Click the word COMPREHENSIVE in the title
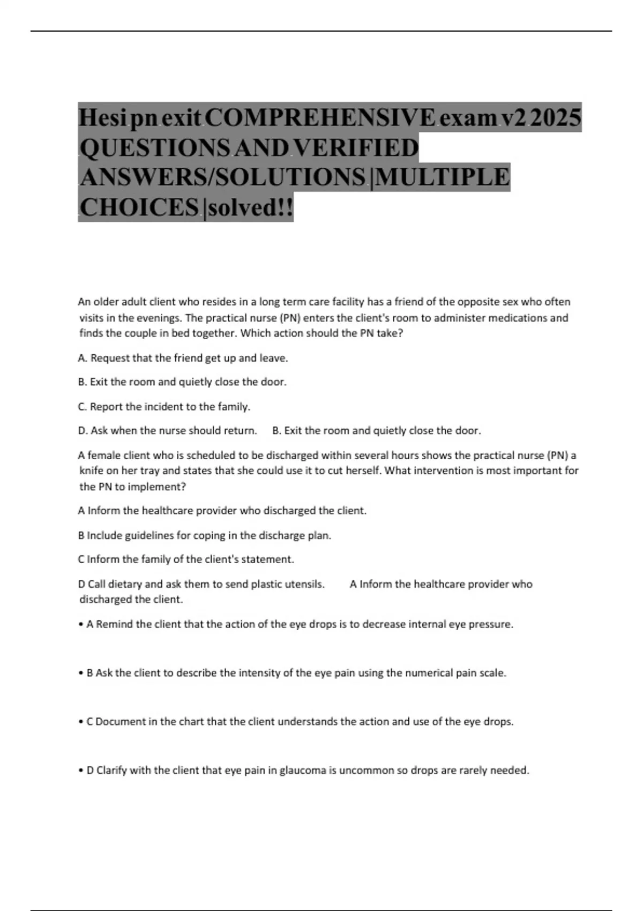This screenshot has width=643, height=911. coord(320,117)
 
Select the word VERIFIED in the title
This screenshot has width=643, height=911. coord(356,147)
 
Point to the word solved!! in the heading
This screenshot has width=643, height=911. coord(250,207)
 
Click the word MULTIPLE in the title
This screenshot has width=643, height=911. coord(442,177)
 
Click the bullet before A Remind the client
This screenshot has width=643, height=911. coord(80,625)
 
